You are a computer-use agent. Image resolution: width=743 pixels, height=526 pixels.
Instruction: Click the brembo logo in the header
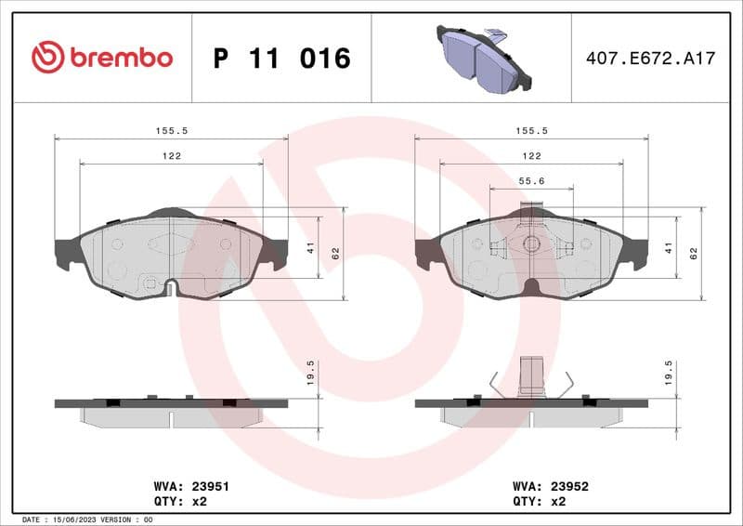(x=102, y=58)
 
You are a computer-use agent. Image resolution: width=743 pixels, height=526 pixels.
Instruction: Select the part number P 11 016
(x=282, y=59)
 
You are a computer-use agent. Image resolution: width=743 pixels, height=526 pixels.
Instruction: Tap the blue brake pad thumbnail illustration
(x=483, y=59)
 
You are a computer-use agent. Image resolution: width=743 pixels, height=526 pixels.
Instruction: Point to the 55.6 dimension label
(x=531, y=180)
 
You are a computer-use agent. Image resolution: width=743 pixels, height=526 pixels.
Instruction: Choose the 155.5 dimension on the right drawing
(x=531, y=131)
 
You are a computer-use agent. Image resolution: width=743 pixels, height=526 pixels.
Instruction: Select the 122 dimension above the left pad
(x=171, y=156)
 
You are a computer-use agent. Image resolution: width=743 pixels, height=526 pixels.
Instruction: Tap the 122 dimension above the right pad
(x=531, y=156)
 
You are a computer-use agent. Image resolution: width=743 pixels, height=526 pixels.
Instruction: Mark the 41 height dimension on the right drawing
(x=668, y=247)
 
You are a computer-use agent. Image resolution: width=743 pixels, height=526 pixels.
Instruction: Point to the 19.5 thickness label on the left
(x=311, y=373)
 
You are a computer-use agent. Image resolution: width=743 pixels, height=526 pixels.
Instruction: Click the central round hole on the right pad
(x=531, y=244)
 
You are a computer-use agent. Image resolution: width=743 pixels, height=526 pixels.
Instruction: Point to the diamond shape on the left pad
(x=171, y=244)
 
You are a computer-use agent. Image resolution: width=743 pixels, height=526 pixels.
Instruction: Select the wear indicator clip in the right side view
(x=531, y=376)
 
